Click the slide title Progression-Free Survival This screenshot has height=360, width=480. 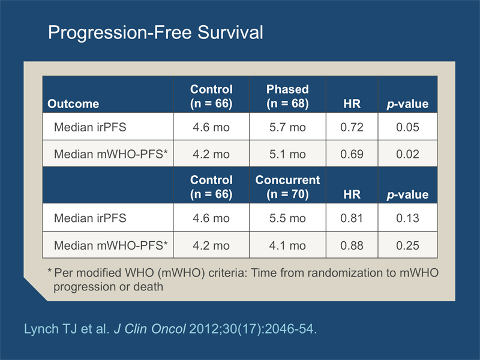click(x=155, y=32)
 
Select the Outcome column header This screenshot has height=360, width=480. click(x=73, y=104)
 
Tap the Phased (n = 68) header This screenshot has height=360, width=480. click(x=287, y=96)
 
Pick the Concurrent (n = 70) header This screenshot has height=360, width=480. click(x=287, y=187)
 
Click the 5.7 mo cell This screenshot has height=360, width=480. click(x=287, y=127)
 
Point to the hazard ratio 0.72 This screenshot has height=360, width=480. click(x=352, y=127)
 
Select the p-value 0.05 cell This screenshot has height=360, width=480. click(x=407, y=127)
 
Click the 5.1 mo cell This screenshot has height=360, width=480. click(x=287, y=154)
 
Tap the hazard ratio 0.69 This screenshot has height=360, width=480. click(x=352, y=154)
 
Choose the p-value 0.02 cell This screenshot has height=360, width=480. click(x=407, y=154)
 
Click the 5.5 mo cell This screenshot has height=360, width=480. click(x=287, y=218)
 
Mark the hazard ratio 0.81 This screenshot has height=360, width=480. click(x=352, y=218)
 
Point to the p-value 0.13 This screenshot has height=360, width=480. click(x=407, y=218)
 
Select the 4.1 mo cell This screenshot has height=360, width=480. click(x=287, y=245)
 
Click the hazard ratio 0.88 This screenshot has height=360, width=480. click(x=352, y=245)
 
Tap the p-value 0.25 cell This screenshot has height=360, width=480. click(x=407, y=245)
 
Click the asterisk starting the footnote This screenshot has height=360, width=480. click(x=50, y=271)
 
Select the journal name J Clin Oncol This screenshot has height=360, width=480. click(x=149, y=329)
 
